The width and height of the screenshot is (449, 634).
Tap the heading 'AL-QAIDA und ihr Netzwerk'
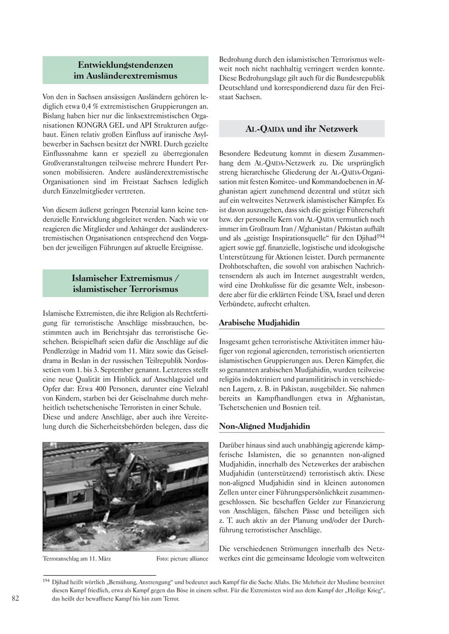tap(302, 129)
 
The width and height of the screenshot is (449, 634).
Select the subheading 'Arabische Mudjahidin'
tap(259, 322)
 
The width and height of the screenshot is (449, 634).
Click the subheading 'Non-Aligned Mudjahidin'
tap(264, 426)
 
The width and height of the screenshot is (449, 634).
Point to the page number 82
tap(15, 599)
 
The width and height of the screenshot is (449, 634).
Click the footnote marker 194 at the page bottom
tap(46, 581)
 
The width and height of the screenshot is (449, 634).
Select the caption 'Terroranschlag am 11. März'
tap(77, 559)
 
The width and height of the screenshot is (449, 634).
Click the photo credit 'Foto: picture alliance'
tap(182, 559)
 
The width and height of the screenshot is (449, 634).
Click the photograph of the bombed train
tap(125, 496)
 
